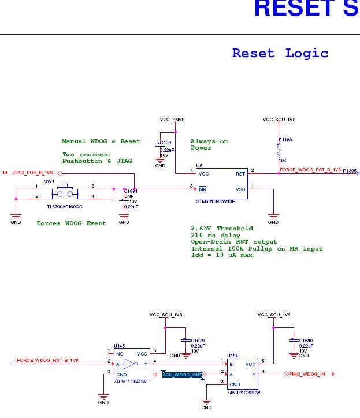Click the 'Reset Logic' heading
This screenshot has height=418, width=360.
click(x=280, y=54)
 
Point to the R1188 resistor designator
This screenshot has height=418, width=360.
click(x=285, y=140)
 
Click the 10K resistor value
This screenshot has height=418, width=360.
click(x=283, y=160)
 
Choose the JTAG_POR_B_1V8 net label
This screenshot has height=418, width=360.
click(x=32, y=173)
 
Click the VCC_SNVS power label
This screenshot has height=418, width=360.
click(x=172, y=120)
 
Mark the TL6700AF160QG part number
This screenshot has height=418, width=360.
click(x=65, y=206)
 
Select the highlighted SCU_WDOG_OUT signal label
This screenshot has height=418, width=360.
click(x=183, y=375)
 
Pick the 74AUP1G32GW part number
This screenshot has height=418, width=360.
click(x=243, y=393)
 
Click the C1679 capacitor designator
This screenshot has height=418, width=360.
click(x=197, y=341)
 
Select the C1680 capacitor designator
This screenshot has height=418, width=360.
click(x=306, y=341)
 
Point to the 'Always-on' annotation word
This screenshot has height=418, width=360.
click(x=209, y=141)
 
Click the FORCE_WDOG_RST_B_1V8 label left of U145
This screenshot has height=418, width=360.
click(x=47, y=360)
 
